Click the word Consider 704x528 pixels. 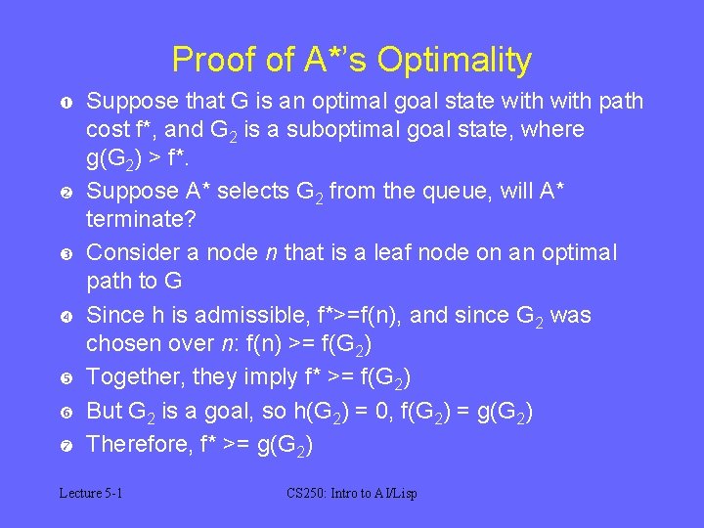coord(129,252)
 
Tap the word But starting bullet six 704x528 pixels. coord(106,411)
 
